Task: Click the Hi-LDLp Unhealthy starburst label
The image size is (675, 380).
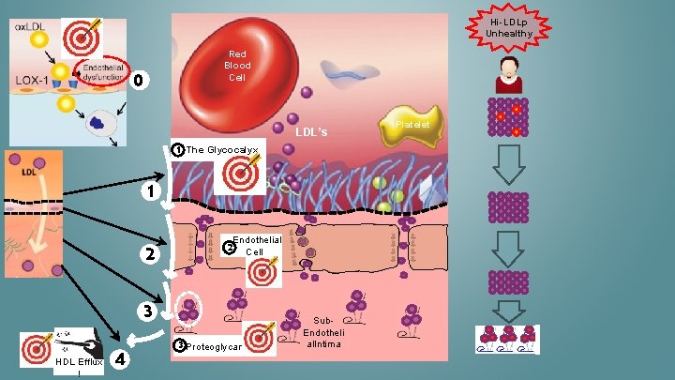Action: [x=509, y=27]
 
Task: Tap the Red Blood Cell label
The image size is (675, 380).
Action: [x=237, y=66]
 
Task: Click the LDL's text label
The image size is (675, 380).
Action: [x=311, y=132]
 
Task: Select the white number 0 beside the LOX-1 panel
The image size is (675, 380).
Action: [x=138, y=81]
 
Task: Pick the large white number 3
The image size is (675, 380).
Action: [x=146, y=311]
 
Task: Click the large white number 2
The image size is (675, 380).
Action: [x=146, y=253]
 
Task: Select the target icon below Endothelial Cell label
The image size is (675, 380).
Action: [x=263, y=271]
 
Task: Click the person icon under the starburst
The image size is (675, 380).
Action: [x=509, y=74]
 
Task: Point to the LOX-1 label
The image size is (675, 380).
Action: [x=32, y=81]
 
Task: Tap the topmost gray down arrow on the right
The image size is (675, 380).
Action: [x=509, y=163]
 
